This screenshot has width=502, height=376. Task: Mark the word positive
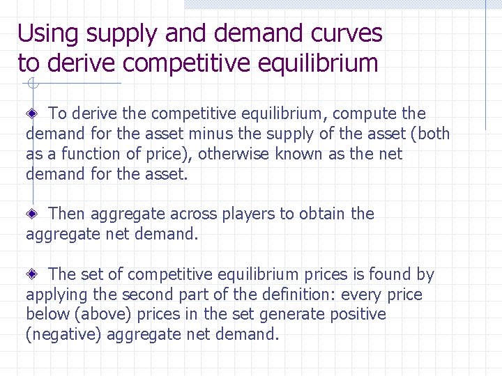click(x=358, y=315)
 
